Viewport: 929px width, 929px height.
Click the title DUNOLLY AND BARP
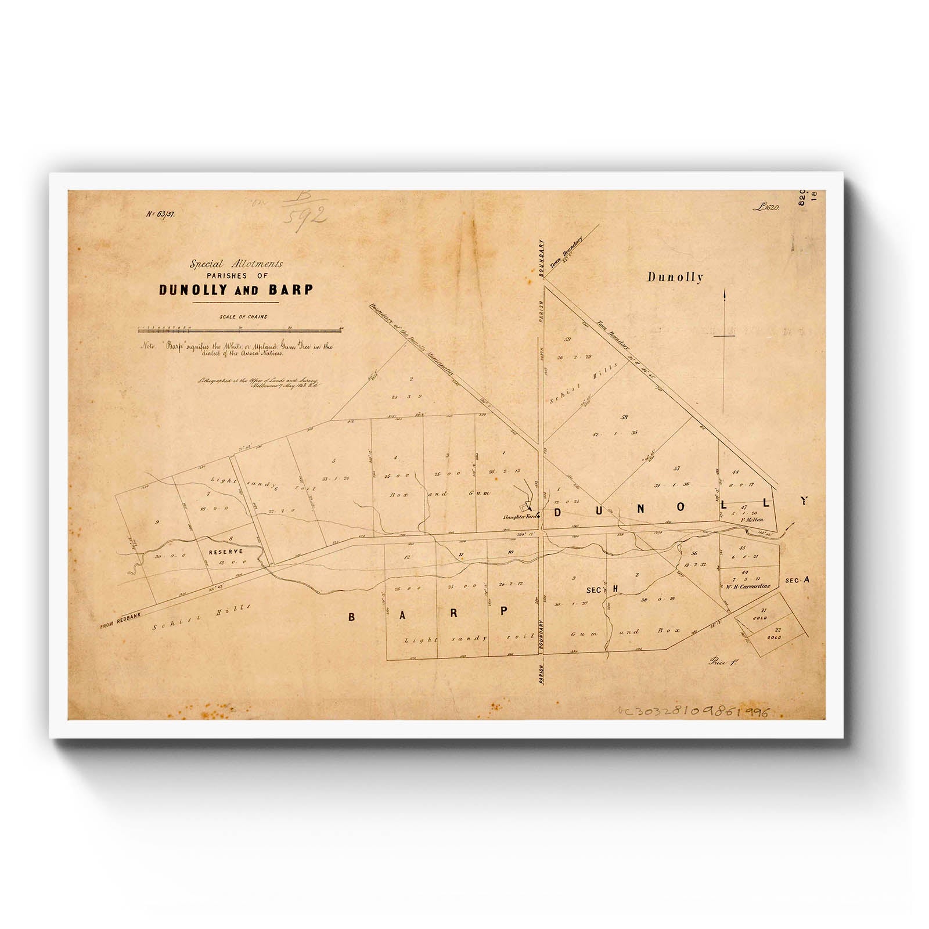(x=235, y=290)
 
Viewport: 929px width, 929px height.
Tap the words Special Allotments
(x=236, y=264)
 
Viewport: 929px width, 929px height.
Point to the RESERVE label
(x=226, y=551)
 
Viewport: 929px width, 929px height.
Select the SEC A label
(x=796, y=580)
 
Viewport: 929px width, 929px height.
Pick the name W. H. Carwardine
(x=747, y=586)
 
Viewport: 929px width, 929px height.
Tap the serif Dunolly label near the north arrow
(x=675, y=278)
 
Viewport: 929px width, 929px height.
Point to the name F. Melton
(x=751, y=520)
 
